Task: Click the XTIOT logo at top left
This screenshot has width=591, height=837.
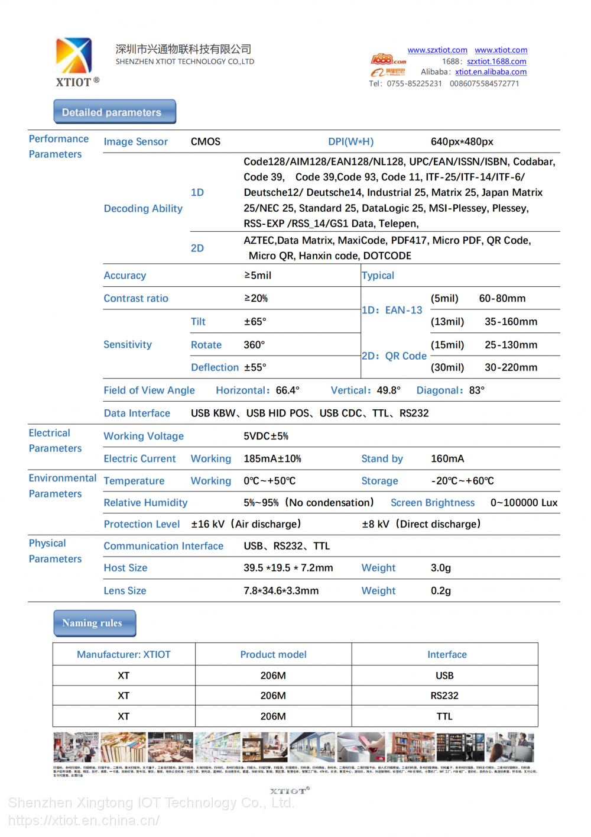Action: pyautogui.click(x=76, y=61)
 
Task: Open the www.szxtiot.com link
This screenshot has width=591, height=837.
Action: pyautogui.click(x=437, y=50)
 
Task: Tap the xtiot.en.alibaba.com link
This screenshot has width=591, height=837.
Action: pyautogui.click(x=491, y=72)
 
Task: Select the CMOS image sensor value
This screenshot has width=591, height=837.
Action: pyautogui.click(x=206, y=142)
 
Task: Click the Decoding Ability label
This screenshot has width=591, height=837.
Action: pyautogui.click(x=143, y=209)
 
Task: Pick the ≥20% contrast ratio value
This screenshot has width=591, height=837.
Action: pyautogui.click(x=256, y=299)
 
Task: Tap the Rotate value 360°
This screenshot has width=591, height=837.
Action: pyautogui.click(x=254, y=345)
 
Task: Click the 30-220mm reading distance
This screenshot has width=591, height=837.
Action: pyautogui.click(x=511, y=367)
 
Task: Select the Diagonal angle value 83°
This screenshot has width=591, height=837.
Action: pyautogui.click(x=476, y=390)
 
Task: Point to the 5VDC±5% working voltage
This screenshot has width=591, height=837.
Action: pyautogui.click(x=266, y=437)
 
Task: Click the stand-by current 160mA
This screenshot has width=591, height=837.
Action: pyautogui.click(x=447, y=459)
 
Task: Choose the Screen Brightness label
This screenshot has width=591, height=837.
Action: pyautogui.click(x=433, y=503)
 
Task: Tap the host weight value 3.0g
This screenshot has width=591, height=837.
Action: pyautogui.click(x=441, y=568)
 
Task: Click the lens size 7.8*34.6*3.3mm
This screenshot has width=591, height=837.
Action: pyautogui.click(x=281, y=591)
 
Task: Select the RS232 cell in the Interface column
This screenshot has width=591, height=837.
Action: pyautogui.click(x=444, y=696)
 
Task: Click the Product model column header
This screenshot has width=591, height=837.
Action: pyautogui.click(x=273, y=655)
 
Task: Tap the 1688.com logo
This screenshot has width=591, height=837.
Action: pyautogui.click(x=388, y=60)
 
